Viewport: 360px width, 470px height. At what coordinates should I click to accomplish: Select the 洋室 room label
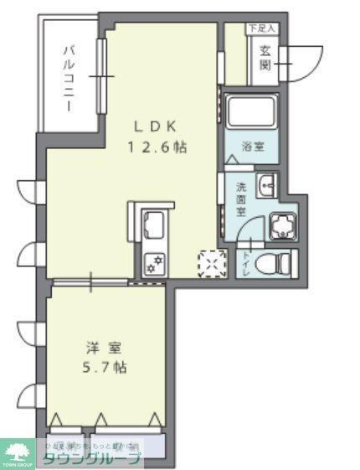(99, 346)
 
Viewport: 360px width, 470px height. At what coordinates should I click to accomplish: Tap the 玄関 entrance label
(264, 56)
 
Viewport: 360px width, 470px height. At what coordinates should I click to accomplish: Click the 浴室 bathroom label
(253, 147)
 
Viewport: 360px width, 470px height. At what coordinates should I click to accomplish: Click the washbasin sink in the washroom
(267, 187)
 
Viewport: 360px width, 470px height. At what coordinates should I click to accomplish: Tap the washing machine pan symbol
(282, 225)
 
